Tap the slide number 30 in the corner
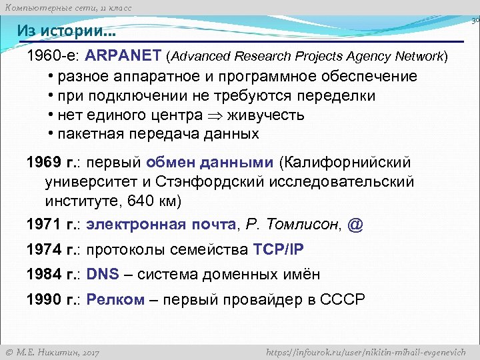coord(475,21)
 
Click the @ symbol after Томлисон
coord(355,225)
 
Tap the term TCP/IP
coord(278,249)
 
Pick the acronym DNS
coord(102,274)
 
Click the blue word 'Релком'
coord(115,299)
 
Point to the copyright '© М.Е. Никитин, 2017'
coord(53,351)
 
